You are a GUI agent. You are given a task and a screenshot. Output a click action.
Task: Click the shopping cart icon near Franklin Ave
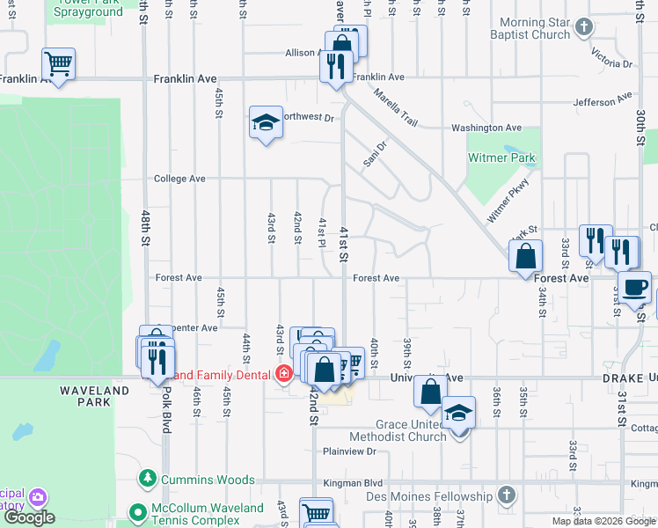(58, 64)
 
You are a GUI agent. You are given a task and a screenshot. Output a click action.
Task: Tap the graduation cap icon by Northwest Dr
(265, 123)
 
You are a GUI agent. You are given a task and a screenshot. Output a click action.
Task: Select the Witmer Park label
(500, 158)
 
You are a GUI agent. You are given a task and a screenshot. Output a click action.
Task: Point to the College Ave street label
(179, 179)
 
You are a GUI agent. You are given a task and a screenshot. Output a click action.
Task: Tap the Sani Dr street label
(376, 156)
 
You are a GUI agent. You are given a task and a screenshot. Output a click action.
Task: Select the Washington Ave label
(487, 128)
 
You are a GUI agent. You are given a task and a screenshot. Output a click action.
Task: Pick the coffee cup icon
(634, 287)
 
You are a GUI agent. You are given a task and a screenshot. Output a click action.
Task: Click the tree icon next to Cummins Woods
(146, 480)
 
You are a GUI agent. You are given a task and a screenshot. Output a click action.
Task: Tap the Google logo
(29, 517)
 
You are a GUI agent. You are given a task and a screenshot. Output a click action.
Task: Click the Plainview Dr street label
(349, 451)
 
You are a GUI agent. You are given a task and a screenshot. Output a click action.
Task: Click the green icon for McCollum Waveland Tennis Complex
(136, 511)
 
